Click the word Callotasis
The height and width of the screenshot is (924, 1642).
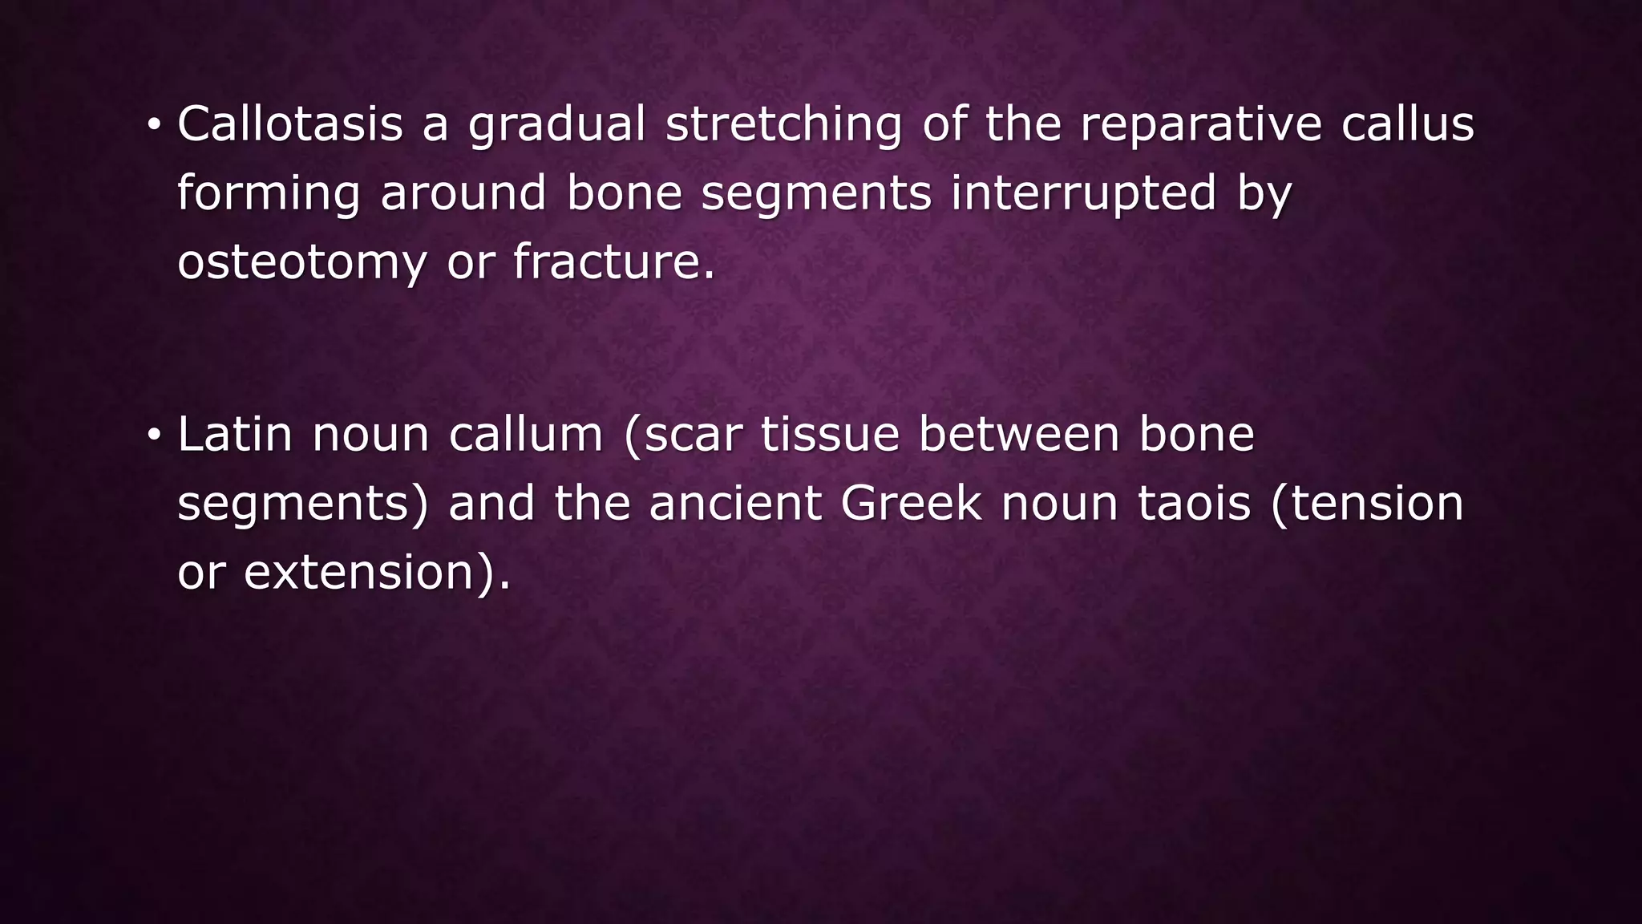pos(289,124)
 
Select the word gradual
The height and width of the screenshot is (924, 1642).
pos(556,126)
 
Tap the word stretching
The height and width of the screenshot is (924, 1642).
pos(783,126)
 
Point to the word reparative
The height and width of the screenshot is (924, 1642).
pos(1200,126)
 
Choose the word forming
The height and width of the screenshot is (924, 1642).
pos(269,195)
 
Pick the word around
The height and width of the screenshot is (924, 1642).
pos(463,193)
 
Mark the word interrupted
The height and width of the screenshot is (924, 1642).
pos(1083,195)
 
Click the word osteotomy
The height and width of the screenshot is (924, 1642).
pos(301,264)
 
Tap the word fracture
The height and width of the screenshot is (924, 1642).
pos(613,262)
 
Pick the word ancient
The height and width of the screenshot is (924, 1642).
pos(735,504)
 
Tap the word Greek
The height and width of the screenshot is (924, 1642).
pos(910,504)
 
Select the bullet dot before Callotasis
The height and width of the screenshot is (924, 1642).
pos(153,126)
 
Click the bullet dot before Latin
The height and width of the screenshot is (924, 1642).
pos(153,436)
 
